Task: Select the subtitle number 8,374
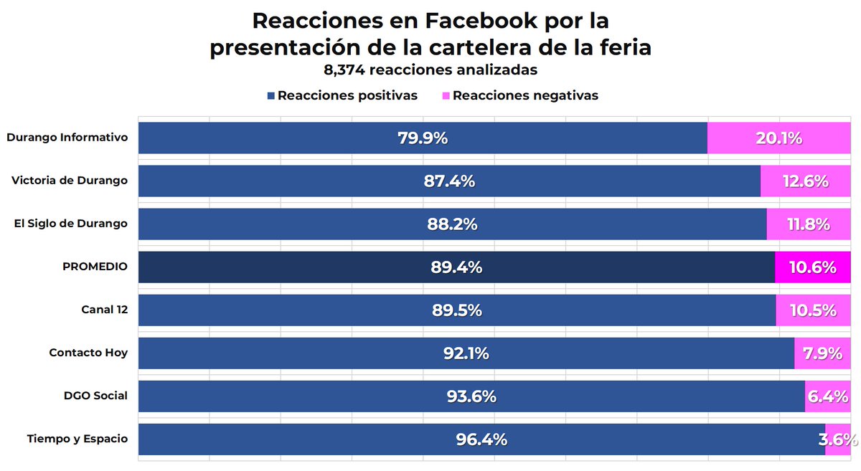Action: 348,70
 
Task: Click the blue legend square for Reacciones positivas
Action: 270,96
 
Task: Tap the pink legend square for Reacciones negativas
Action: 446,96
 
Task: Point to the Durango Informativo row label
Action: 67,137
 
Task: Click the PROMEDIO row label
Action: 95,267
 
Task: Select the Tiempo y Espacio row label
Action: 77,439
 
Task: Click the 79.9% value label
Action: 423,138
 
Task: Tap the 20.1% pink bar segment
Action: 778,138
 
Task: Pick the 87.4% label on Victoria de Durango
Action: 449,181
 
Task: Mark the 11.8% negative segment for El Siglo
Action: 808,224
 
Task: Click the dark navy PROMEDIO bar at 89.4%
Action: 456,267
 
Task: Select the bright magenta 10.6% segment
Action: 812,267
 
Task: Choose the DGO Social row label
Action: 96,396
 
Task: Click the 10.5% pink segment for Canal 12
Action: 813,310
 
